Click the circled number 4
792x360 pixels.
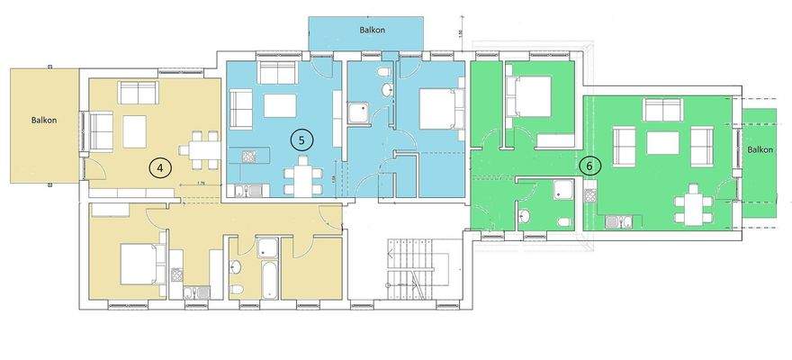pyautogui.click(x=160, y=166)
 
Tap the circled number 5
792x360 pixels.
pyautogui.click(x=302, y=139)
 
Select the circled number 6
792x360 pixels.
pyautogui.click(x=589, y=166)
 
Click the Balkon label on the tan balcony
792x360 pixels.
pyautogui.click(x=44, y=120)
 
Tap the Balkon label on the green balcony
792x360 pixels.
pyautogui.click(x=760, y=150)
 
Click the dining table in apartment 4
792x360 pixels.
pyautogui.click(x=199, y=148)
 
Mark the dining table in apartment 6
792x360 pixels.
pyautogui.click(x=693, y=205)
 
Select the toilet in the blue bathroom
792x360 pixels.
pyautogui.click(x=384, y=71)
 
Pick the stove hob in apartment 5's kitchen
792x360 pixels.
pyautogui.click(x=247, y=156)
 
